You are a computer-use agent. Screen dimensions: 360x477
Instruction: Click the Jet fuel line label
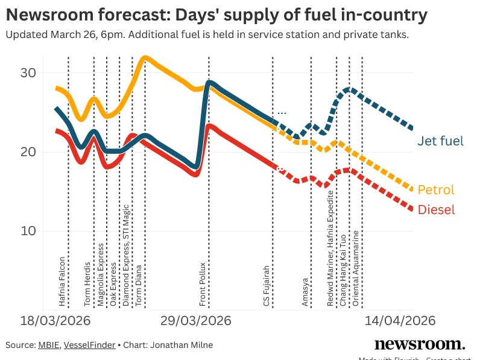(x=440, y=141)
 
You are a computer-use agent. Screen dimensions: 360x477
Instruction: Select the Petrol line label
(x=435, y=190)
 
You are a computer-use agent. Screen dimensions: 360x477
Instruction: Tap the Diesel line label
(x=436, y=210)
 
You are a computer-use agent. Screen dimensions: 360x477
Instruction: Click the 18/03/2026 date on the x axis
(x=56, y=320)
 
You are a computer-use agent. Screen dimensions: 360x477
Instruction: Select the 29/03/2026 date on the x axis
(x=195, y=320)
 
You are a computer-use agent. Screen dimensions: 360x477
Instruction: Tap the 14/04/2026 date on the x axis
(x=399, y=320)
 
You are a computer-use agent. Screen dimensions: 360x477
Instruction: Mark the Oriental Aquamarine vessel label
(x=356, y=269)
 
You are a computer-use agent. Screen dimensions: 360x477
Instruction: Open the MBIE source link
(x=48, y=345)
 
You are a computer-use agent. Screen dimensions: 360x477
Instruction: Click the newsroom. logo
(x=420, y=344)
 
